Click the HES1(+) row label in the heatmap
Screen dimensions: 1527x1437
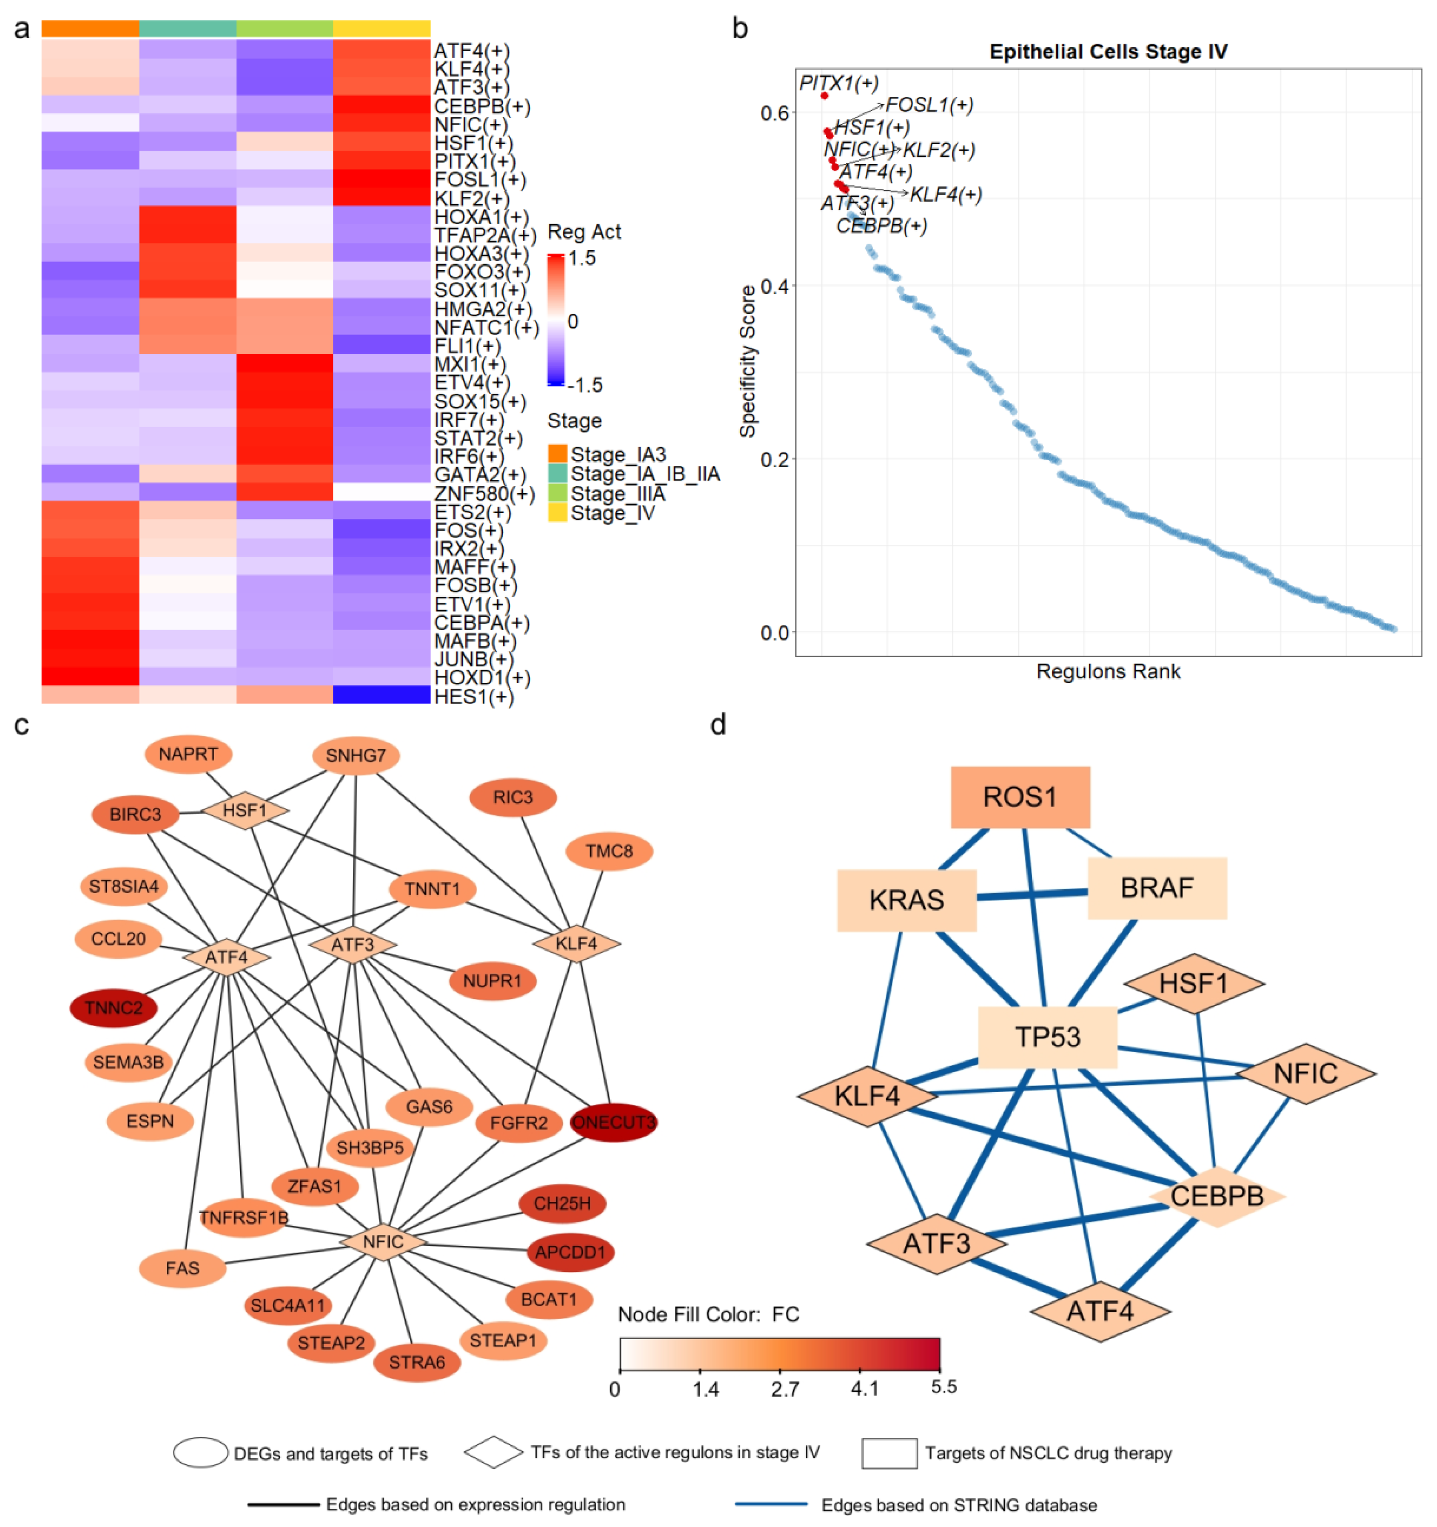tap(473, 697)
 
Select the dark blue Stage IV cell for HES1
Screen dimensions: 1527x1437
tap(381, 695)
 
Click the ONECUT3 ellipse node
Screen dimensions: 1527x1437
tap(613, 1122)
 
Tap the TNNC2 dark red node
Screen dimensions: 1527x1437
tap(114, 1008)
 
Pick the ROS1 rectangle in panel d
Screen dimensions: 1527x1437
tap(1020, 797)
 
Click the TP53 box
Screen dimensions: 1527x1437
tap(1048, 1037)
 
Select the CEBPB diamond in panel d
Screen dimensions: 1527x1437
tap(1216, 1196)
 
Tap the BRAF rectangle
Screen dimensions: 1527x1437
tap(1157, 888)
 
